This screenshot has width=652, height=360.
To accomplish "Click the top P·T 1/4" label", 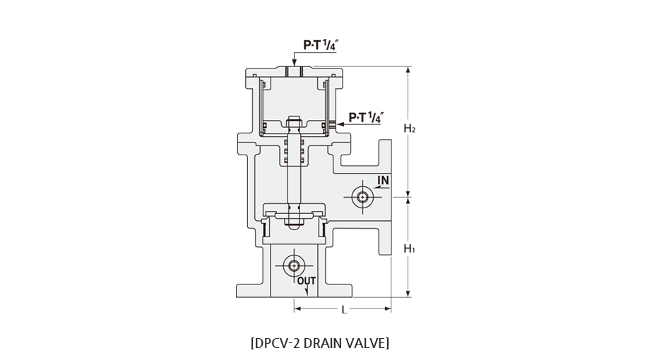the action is point(319,45).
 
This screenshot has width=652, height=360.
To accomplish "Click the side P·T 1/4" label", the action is point(364,118).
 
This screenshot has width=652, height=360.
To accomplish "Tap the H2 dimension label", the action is point(410,128).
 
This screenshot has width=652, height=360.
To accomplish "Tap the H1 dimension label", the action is point(410,248).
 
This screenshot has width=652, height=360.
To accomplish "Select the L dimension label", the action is point(344,310).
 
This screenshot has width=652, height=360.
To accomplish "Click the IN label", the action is point(384,180).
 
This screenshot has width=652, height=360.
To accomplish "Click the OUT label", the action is point(307,281).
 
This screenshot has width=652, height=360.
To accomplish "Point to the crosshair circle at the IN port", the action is point(362,197).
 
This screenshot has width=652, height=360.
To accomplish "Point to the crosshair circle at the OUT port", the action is point(294,265).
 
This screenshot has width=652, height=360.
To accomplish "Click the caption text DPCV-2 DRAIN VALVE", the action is point(320,343).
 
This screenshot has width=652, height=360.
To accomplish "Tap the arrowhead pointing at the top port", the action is point(295,63).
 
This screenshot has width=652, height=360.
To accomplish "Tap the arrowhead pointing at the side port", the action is point(340,124).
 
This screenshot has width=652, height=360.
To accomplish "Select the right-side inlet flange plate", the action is point(384,197).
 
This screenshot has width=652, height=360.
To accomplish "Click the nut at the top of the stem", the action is point(294,121).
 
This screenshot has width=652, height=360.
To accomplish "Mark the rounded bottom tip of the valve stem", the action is point(294,225).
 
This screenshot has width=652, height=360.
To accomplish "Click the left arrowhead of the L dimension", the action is point(297,308).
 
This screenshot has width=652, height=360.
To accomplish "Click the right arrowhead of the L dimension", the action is point(388,308).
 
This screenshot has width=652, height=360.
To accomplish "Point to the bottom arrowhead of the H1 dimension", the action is point(408,294).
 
